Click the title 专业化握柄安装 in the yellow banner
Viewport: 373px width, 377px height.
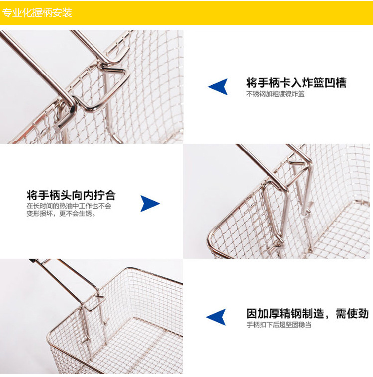[37, 13]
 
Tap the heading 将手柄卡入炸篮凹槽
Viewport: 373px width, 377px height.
[296, 83]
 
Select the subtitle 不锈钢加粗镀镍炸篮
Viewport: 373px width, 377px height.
[275, 94]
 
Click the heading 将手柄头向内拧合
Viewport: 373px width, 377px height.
[71, 195]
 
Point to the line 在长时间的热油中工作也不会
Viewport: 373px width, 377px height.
[69, 206]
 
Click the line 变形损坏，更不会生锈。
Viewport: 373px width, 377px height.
[61, 213]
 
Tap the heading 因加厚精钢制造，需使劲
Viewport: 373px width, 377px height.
[307, 314]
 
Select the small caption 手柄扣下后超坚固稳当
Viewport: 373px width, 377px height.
[279, 325]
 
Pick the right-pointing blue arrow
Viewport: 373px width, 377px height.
[150, 204]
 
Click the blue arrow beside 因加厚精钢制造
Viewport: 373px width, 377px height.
[216, 317]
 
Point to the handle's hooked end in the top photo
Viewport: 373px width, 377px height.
[63, 120]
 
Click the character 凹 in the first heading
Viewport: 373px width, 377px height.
[330, 83]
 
